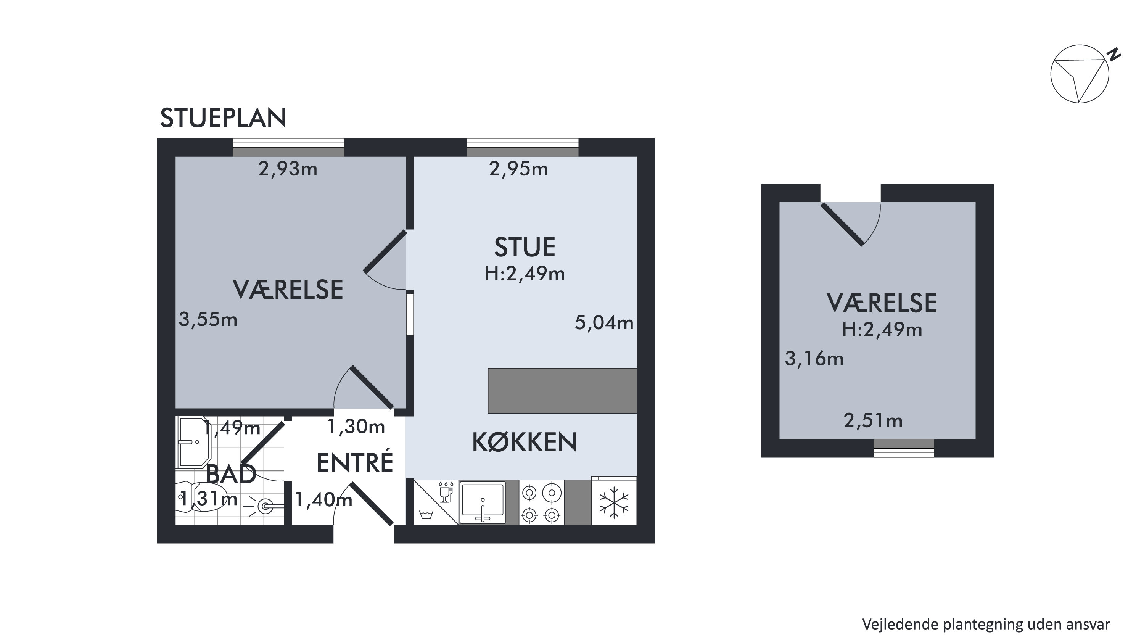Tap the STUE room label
point(525,247)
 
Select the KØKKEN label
point(525,442)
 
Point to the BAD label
point(231,474)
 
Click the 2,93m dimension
point(288,169)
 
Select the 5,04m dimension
point(604,322)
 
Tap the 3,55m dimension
point(208,319)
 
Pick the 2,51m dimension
point(873,420)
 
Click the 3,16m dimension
point(814,358)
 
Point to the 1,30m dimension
point(356,427)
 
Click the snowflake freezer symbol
point(614,502)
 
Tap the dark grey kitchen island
point(562,390)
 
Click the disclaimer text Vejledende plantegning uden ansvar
point(986,625)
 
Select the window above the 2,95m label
point(523,147)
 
